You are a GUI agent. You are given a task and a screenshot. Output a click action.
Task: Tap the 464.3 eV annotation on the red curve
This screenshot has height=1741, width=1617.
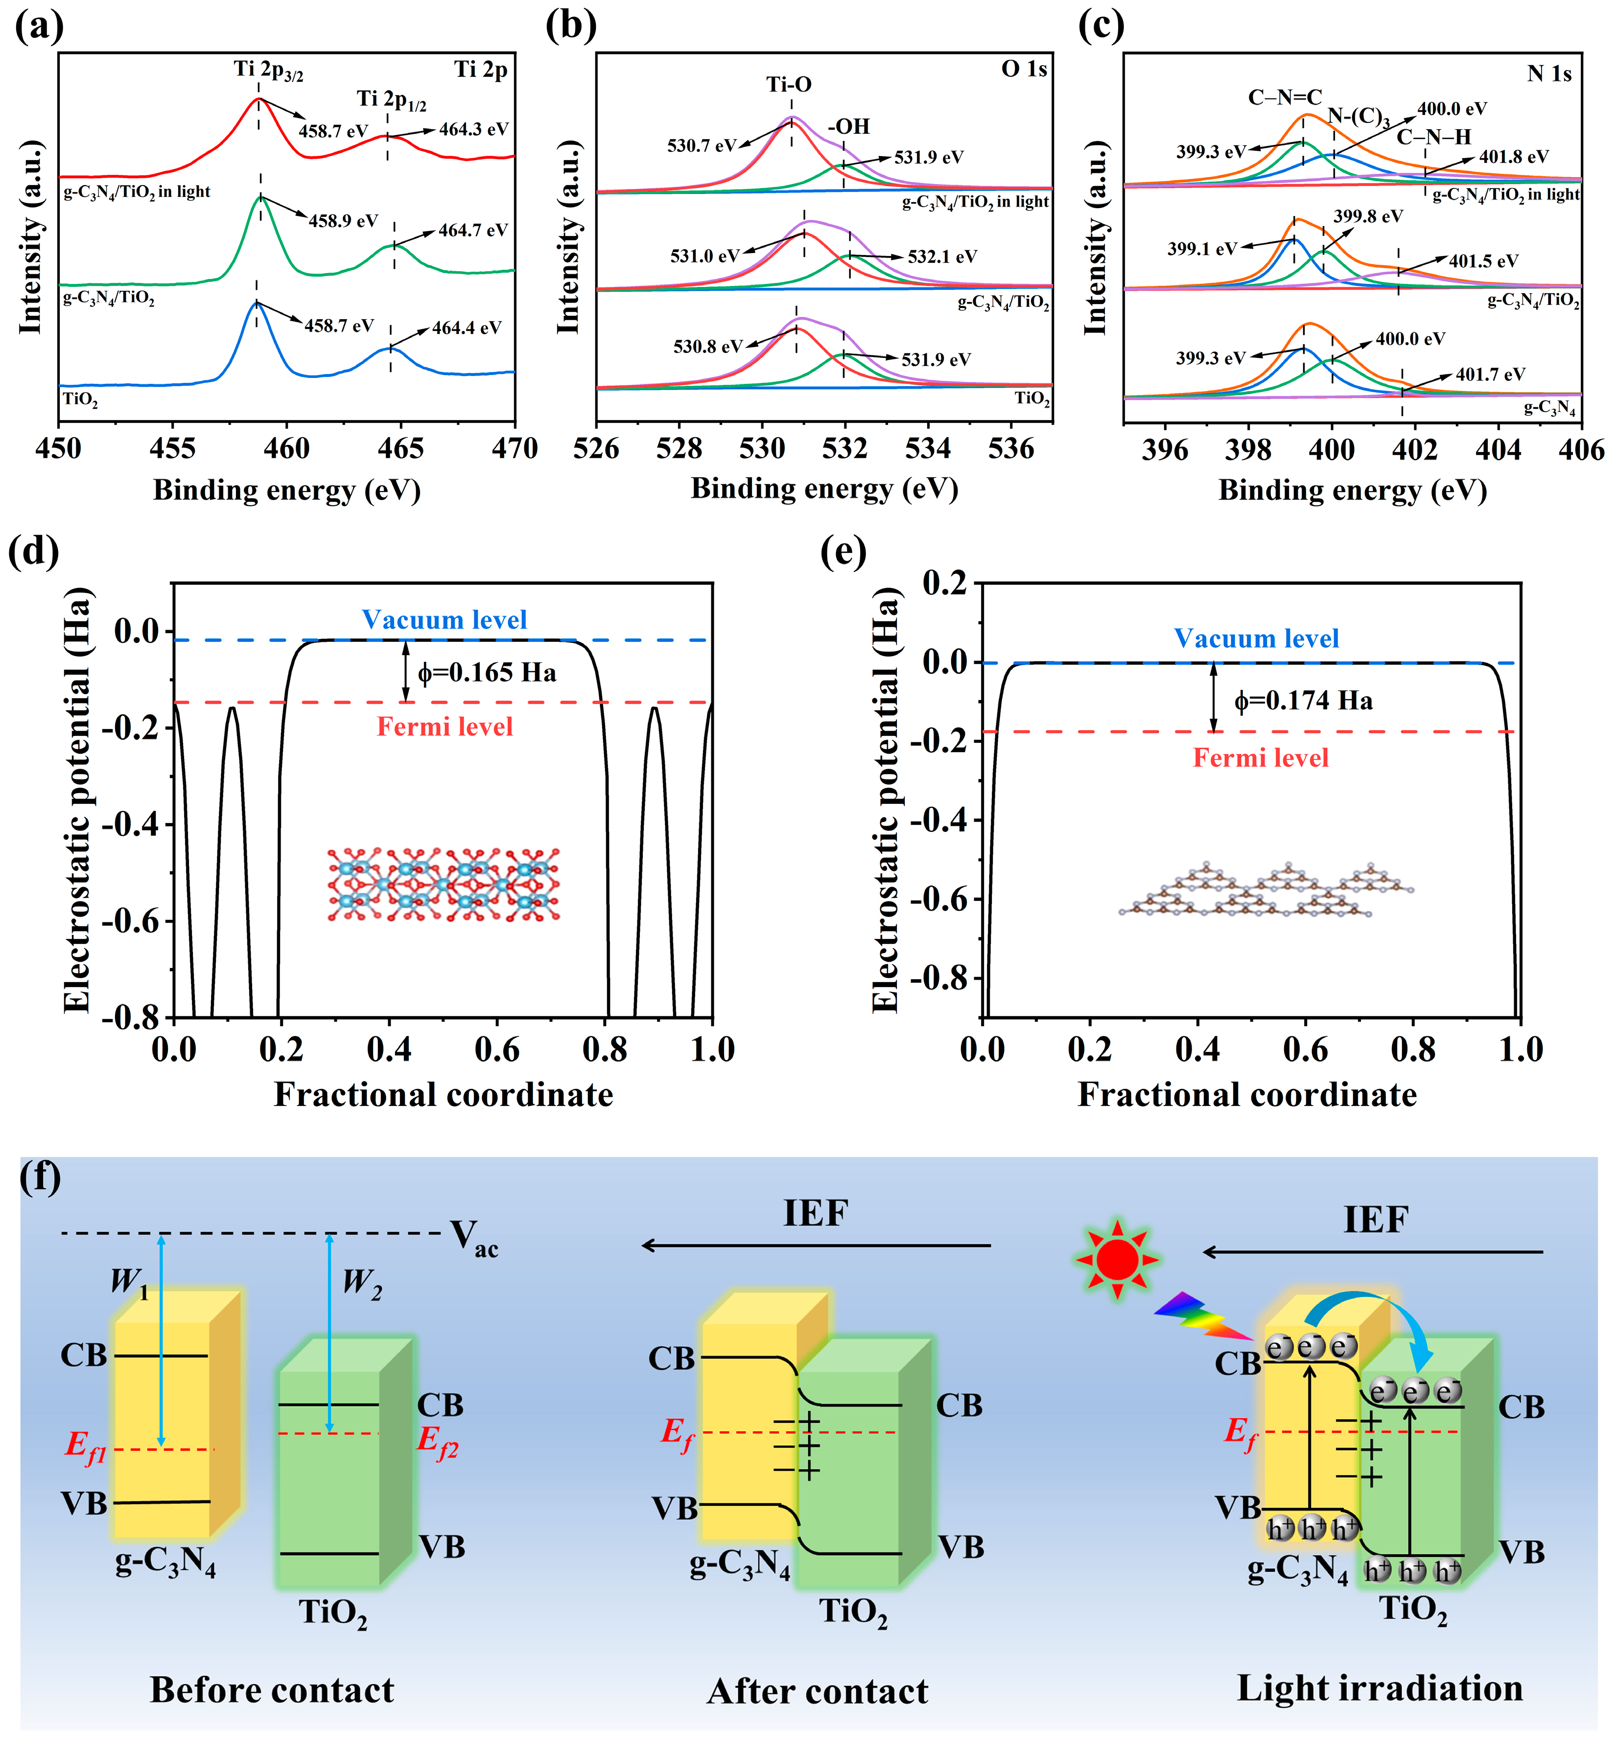pos(473,129)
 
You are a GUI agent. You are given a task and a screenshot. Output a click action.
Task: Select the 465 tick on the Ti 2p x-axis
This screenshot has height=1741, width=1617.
pos(401,449)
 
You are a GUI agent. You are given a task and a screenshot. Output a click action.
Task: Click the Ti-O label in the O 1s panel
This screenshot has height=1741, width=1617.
pos(788,85)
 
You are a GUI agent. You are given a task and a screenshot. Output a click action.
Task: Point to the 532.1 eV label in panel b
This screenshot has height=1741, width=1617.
pos(941,257)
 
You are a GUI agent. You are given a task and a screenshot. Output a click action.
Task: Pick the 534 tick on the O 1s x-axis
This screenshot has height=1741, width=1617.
pos(928,449)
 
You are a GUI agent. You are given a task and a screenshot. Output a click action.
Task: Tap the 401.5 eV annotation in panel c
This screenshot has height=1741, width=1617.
pos(1483,261)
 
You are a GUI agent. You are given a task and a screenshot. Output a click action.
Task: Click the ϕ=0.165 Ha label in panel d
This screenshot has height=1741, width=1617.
pos(487,673)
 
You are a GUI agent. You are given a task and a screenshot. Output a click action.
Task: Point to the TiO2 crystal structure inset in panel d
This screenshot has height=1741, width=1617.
pos(444,885)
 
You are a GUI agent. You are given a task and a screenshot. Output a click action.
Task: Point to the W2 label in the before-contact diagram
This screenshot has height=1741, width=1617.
pos(361,1283)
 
